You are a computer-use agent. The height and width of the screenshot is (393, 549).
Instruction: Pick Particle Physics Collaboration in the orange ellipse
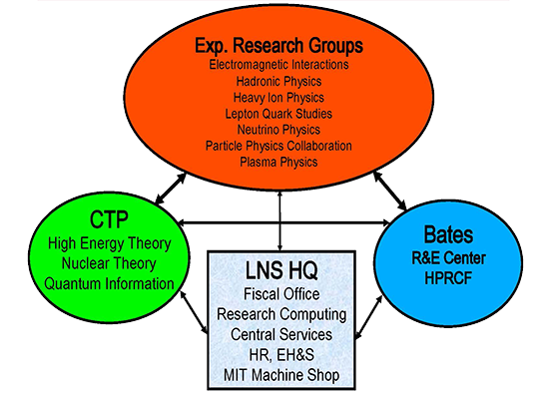click(278, 146)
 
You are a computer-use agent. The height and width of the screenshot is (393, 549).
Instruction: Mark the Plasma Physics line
click(278, 162)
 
